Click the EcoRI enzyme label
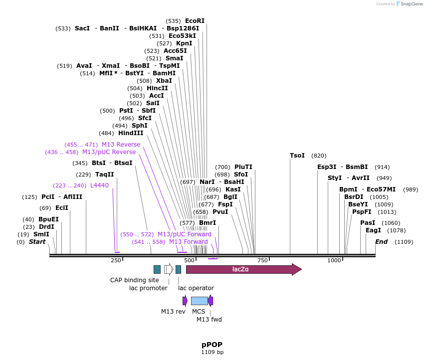tap(195, 21)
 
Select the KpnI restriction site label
tap(184, 43)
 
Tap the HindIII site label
tap(131, 133)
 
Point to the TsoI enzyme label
tap(297, 156)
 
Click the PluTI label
tap(243, 167)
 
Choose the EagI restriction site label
tap(373, 230)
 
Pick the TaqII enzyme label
tap(105, 175)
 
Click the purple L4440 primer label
tap(99, 185)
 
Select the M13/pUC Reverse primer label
tap(109, 152)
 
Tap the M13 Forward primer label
tap(188, 242)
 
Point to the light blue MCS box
tap(199, 301)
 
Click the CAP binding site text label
tap(135, 280)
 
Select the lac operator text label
tap(196, 288)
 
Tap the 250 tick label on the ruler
tap(116, 261)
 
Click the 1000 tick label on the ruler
tap(334, 261)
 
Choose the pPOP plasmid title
tap(212, 345)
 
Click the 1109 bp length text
tap(212, 353)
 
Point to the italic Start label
tap(37, 242)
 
